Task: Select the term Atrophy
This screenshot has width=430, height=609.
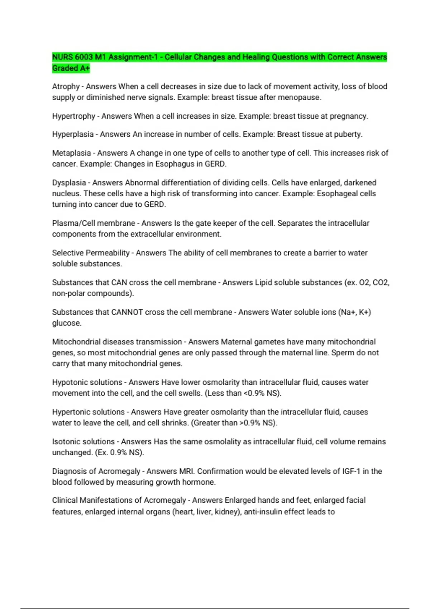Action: point(66,87)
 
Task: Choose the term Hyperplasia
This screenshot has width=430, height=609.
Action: point(73,134)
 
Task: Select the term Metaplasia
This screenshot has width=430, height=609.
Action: point(71,153)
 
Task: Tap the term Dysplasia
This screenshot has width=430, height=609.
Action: point(69,183)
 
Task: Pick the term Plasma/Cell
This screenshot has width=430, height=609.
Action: point(73,223)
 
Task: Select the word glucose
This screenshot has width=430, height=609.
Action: point(66,323)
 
